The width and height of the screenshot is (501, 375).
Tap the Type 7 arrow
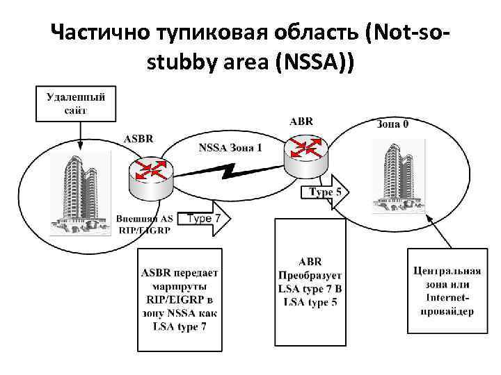click(x=205, y=219)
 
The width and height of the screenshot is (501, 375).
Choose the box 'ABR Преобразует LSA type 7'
click(x=310, y=281)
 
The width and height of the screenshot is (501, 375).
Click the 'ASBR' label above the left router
click(x=138, y=138)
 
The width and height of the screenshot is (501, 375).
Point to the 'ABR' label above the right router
click(x=301, y=121)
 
